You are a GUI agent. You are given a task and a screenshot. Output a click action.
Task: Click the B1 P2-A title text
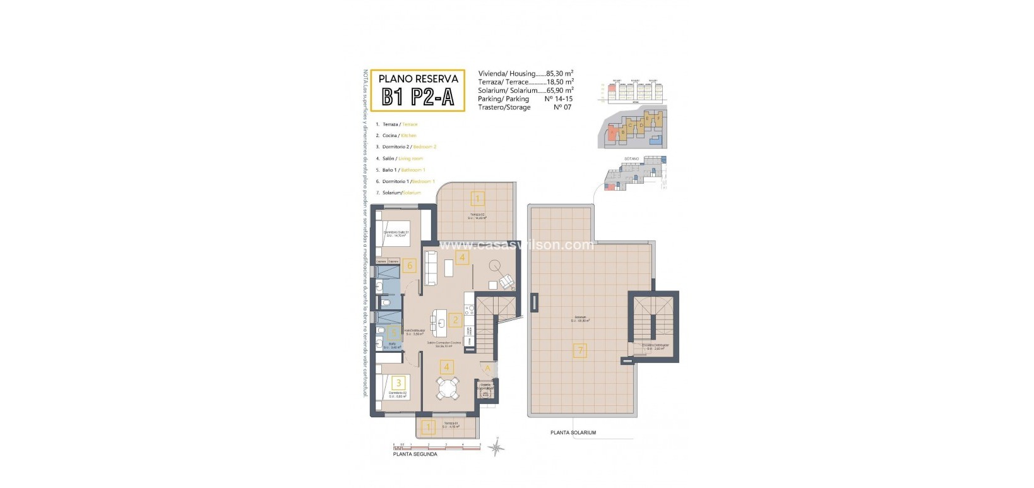417,97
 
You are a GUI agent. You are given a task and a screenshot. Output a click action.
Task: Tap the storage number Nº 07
562,107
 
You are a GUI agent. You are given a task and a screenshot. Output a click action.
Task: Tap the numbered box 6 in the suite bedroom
410,266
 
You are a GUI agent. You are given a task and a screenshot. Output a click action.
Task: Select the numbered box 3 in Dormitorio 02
398,383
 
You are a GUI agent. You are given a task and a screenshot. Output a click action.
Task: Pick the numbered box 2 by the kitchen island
456,320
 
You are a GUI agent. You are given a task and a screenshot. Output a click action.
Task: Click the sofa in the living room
432,268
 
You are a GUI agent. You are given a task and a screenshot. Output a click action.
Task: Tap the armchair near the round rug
506,282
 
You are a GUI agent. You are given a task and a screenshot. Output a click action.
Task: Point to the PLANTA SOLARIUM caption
573,433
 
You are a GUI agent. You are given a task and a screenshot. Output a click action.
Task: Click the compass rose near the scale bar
497,447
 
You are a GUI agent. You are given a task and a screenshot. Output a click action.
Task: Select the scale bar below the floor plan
436,446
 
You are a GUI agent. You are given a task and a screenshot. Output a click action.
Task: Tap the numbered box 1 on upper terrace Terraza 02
478,199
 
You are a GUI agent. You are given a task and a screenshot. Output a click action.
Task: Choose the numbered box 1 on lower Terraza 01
429,428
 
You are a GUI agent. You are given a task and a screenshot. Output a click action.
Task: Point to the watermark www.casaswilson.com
516,245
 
